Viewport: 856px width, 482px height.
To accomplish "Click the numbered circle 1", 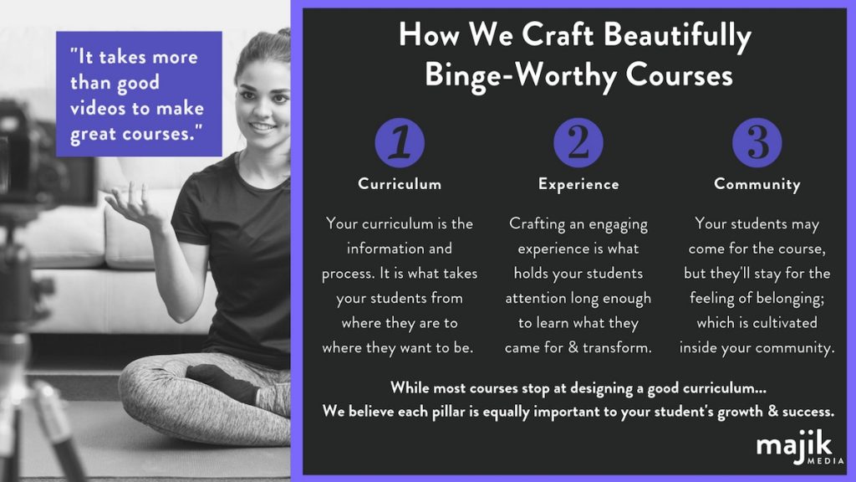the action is click(x=400, y=142).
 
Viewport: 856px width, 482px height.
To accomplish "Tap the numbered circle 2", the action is click(x=578, y=142).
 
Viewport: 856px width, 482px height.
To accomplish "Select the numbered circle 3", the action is click(x=757, y=142).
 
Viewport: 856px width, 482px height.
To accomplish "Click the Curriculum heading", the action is click(x=400, y=183).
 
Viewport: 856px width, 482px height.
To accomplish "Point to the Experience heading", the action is click(x=578, y=185).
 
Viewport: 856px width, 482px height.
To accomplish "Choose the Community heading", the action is click(x=757, y=185).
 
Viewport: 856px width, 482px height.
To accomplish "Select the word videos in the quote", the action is click(x=103, y=108).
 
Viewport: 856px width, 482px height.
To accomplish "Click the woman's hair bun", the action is click(x=283, y=33).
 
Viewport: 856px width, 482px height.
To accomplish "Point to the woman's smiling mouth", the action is click(x=262, y=127).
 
